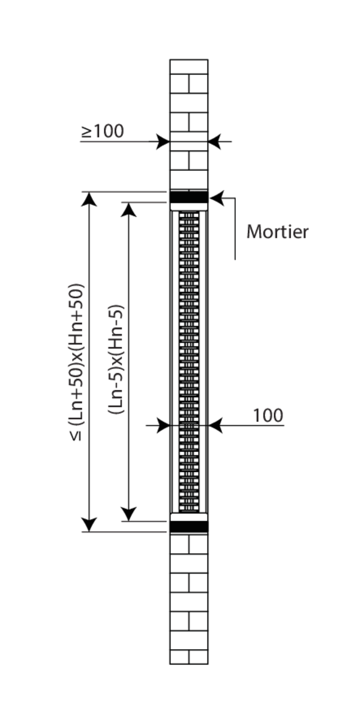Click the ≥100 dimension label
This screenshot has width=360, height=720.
click(x=103, y=131)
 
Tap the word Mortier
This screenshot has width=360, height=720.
click(x=277, y=232)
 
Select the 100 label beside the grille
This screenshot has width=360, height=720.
click(x=268, y=415)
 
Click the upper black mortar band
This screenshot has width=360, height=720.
click(x=189, y=197)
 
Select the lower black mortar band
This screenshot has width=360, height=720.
click(x=189, y=527)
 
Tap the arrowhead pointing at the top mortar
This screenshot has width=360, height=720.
click(x=216, y=197)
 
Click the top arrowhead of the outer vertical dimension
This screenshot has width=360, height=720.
click(x=89, y=199)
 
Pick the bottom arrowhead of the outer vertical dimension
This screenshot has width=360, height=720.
click(x=89, y=524)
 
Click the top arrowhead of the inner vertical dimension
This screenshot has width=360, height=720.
click(x=128, y=209)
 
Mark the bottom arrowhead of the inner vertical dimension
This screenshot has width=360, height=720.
click(x=128, y=514)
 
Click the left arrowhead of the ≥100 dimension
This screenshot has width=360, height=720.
click(x=163, y=142)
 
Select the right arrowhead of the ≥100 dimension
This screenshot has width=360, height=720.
click(x=215, y=142)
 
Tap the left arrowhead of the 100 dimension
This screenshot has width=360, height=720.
click(x=163, y=425)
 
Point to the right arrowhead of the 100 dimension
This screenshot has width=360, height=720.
click(x=215, y=425)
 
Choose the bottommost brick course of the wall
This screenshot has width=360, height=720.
click(x=189, y=657)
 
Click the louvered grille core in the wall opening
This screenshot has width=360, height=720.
click(x=189, y=360)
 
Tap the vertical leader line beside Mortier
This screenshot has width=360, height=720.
click(x=235, y=228)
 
